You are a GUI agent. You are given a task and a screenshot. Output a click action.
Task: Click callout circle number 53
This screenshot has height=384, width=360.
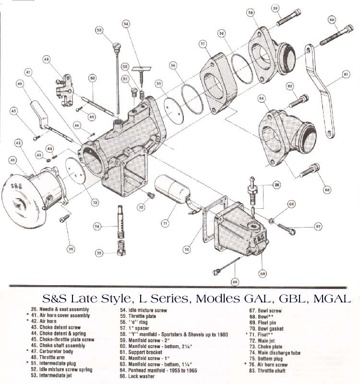pyautogui.click(x=99, y=30)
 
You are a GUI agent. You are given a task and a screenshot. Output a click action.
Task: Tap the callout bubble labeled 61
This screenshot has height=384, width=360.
pyautogui.click(x=345, y=74)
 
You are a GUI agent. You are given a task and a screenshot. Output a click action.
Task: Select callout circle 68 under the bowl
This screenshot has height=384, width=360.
pyautogui.click(x=263, y=274)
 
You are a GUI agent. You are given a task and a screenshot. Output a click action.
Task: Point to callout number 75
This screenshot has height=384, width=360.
pyautogui.click(x=99, y=253)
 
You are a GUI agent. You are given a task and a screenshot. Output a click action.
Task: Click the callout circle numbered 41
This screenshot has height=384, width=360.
pyautogui.click(x=13, y=160)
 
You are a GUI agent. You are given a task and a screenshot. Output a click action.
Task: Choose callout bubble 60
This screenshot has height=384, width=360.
pyautogui.click(x=332, y=20)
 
